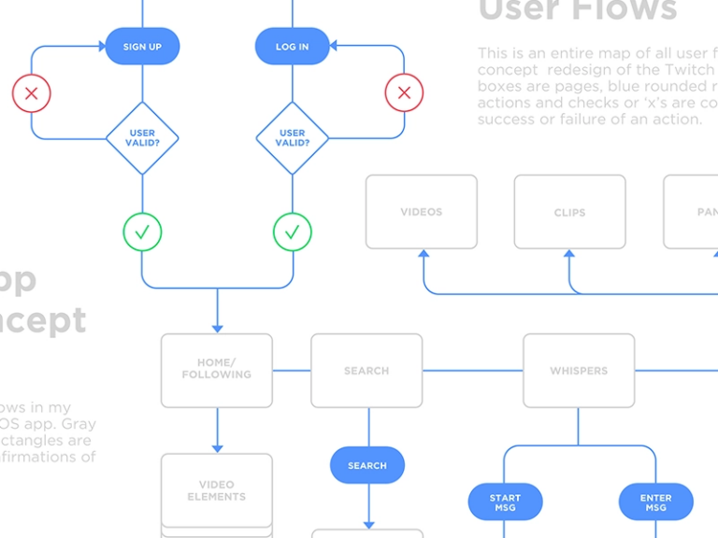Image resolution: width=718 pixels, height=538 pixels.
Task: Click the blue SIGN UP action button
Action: pos(142,46)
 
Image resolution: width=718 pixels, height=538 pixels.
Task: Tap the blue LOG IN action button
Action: pos(292,46)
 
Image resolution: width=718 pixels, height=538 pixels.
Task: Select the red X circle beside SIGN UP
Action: pos(31,93)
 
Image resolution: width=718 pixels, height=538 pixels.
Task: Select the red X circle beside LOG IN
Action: pos(404,93)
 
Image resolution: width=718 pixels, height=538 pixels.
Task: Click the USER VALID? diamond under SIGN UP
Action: pos(142,138)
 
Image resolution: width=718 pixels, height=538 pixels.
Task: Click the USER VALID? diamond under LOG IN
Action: pos(292,138)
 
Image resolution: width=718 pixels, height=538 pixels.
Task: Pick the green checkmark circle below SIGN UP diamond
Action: pos(142,232)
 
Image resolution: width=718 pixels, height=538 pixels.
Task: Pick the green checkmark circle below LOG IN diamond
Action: pos(292,232)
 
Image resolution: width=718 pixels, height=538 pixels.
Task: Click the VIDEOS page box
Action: pos(421,212)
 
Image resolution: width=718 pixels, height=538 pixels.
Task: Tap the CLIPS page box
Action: pos(569,212)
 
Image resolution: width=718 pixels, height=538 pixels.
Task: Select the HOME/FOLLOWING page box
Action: pos(217,370)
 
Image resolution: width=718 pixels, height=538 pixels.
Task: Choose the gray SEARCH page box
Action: pos(366,370)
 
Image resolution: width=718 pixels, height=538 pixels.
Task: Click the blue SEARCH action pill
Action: pos(366,465)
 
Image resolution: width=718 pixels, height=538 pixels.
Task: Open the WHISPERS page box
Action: pos(579,370)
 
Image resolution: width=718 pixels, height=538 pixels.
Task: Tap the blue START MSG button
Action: pos(505,503)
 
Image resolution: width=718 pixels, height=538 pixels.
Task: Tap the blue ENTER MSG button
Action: pos(655,503)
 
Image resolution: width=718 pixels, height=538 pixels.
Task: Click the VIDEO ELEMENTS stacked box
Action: pos(217,491)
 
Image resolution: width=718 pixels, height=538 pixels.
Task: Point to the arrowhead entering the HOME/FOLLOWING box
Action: pos(217,327)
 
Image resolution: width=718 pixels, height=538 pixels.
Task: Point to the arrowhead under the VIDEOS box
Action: pos(424,254)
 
